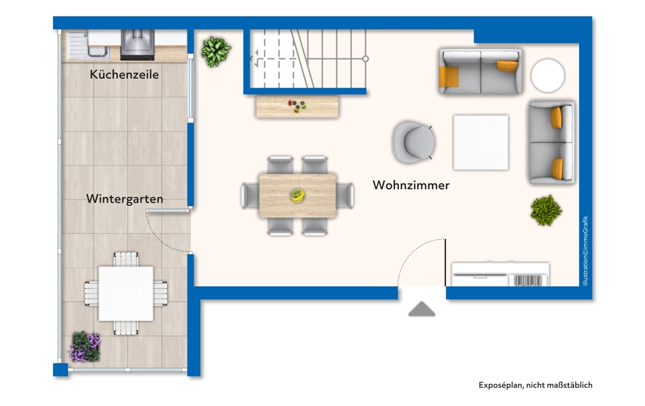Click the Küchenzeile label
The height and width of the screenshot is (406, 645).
coord(124,75)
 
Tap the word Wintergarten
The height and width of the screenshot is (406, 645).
coord(124,199)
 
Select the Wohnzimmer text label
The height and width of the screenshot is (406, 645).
coord(411,185)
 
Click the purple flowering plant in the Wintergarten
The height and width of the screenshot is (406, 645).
coord(85,347)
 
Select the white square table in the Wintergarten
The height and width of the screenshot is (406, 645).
coord(126,293)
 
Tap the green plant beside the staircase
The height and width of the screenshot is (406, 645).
coord(216,51)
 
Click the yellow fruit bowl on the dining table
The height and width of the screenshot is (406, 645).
coord(297,194)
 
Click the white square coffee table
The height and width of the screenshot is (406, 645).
coord(480,142)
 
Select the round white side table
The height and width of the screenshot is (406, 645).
coord(548,76)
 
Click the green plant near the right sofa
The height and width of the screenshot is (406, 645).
coord(546,210)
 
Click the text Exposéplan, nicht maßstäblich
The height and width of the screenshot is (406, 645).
coord(535,385)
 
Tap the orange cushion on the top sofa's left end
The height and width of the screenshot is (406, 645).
coord(448,76)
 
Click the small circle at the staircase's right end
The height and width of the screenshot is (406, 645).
coord(365,59)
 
